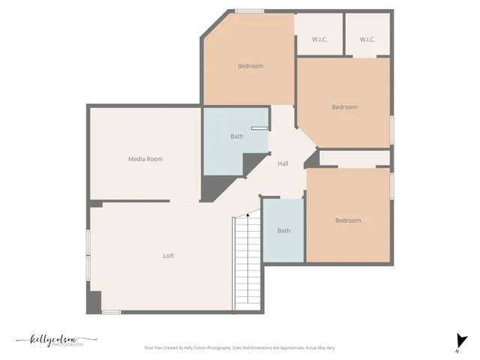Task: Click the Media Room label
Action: click(x=145, y=159)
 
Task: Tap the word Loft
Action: click(x=169, y=256)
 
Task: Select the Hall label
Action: click(x=283, y=163)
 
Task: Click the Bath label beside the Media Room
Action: click(x=237, y=136)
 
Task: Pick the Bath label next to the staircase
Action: click(x=283, y=230)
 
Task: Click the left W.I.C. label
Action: click(x=319, y=40)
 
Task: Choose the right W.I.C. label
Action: click(x=367, y=40)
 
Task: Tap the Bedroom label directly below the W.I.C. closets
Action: click(x=344, y=107)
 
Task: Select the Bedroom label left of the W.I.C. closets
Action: click(x=250, y=66)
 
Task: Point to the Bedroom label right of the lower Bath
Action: click(x=347, y=220)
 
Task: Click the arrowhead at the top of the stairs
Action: click(x=248, y=216)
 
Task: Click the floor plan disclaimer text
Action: click(x=239, y=348)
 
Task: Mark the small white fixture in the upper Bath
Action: click(x=259, y=129)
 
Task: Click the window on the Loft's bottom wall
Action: click(x=111, y=311)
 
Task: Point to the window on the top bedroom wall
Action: click(x=249, y=10)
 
